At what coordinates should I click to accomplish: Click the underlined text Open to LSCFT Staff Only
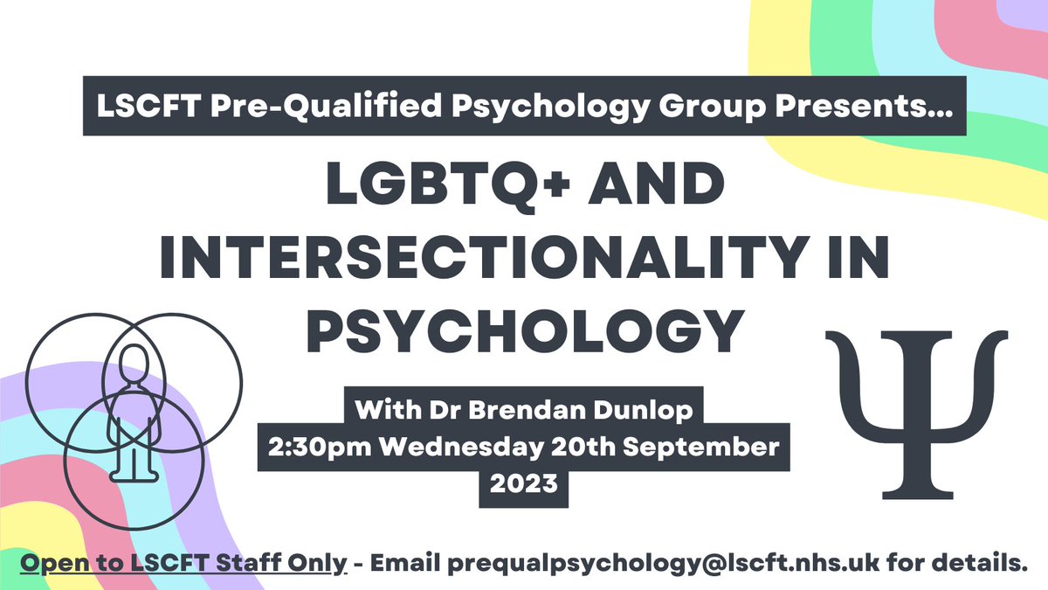(x=184, y=563)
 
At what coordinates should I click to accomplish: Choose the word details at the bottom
(x=977, y=563)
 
